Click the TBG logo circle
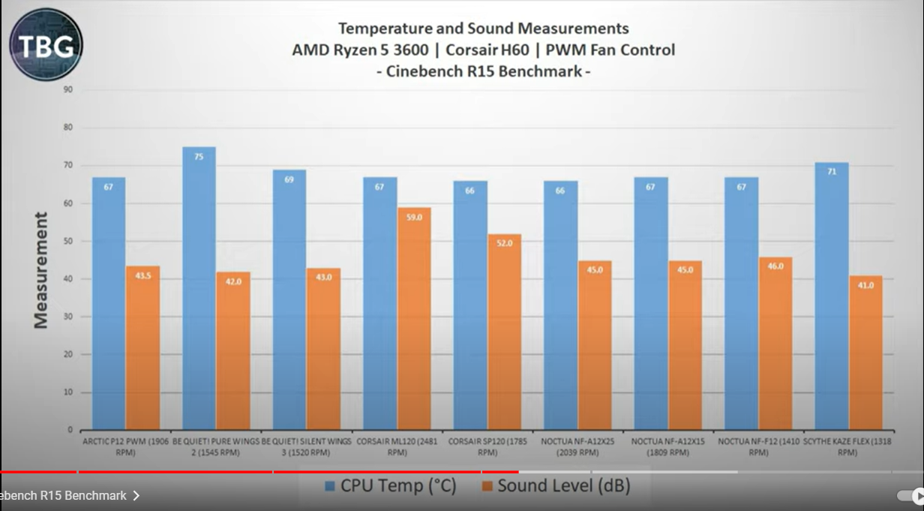[x=46, y=45]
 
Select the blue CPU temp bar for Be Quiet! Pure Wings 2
[x=199, y=289]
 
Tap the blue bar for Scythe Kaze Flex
[x=831, y=296]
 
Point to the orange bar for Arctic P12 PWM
[x=142, y=348]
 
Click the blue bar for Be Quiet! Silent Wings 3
[x=289, y=300]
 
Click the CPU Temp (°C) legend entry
[x=390, y=486]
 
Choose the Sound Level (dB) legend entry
[x=555, y=486]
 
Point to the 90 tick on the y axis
[x=68, y=89]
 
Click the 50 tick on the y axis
[x=68, y=241]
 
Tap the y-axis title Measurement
[x=40, y=270]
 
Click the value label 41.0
[x=866, y=285]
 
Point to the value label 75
[x=199, y=157]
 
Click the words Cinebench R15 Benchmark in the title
[x=483, y=72]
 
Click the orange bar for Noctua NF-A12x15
[x=685, y=346]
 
